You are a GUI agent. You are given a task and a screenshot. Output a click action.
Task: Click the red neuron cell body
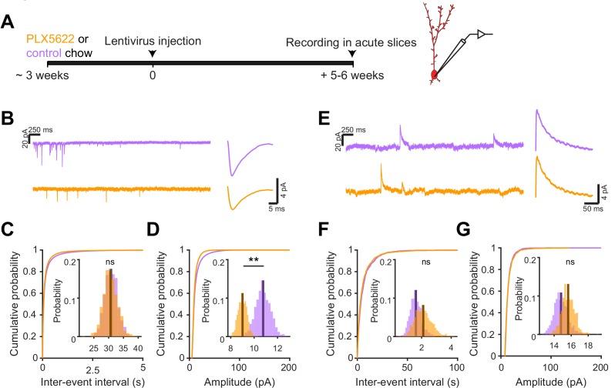(434, 75)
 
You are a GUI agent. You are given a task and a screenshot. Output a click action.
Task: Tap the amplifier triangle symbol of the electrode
(482, 34)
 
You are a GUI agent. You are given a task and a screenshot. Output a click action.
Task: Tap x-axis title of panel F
(407, 383)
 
